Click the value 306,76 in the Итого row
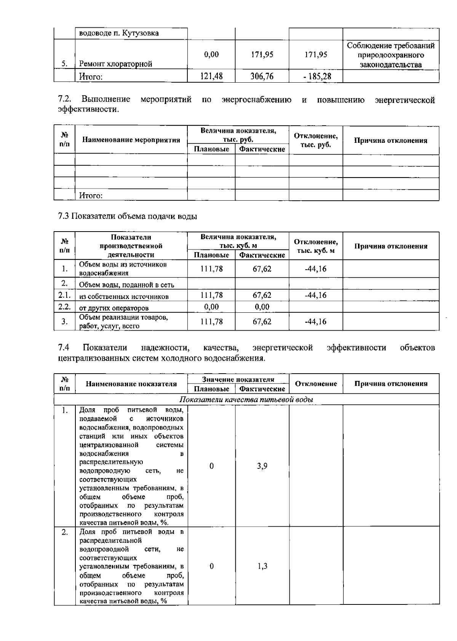[x=262, y=77]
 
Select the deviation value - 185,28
[x=315, y=77]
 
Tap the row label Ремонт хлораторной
[x=115, y=64]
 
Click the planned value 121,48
[x=211, y=77]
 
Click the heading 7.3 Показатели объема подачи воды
[x=128, y=216]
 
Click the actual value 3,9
[x=262, y=466]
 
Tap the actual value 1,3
[x=262, y=566]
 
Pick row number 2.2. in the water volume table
[x=64, y=307]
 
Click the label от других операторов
[x=114, y=308]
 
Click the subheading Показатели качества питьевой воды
[x=246, y=400]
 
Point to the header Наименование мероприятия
[x=131, y=140]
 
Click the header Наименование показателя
[x=131, y=384]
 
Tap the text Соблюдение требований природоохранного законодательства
[x=391, y=55]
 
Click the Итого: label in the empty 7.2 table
[x=91, y=196]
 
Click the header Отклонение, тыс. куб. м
[x=315, y=246]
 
